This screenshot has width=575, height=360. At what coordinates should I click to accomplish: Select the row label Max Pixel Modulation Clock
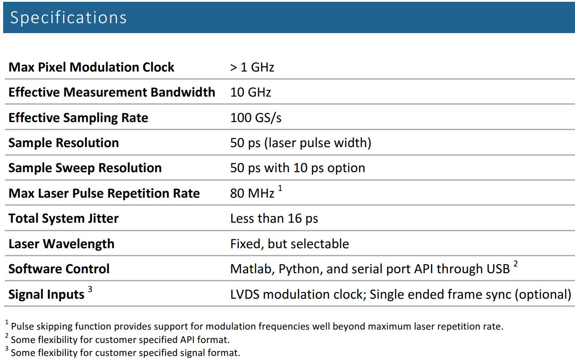91,67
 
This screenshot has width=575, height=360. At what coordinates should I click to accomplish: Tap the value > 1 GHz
252,68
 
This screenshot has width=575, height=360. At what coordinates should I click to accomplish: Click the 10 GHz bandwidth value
250,93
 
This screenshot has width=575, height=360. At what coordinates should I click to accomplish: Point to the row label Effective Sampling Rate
78,118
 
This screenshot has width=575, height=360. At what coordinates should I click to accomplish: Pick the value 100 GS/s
256,118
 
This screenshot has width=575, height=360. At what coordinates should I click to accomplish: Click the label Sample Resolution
64,143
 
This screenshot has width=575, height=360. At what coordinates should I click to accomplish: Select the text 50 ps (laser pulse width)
300,143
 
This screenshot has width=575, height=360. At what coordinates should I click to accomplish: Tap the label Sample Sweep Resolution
85,168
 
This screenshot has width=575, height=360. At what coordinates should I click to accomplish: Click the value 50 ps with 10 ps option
298,168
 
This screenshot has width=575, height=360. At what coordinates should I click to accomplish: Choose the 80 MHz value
252,194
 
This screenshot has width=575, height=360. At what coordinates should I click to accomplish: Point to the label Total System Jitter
64,218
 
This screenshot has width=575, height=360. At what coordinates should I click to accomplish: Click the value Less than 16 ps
274,219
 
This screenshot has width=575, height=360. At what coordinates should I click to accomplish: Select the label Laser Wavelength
61,244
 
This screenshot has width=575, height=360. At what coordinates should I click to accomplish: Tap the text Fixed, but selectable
289,244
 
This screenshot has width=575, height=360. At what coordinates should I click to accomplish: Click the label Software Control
59,269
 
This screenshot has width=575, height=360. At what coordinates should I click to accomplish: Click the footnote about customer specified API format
120,339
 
